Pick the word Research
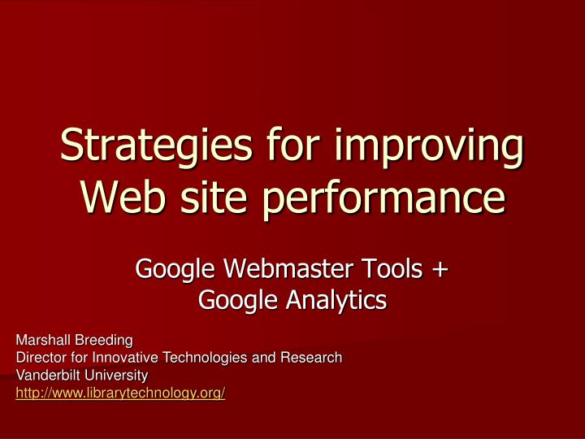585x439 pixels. point(312,358)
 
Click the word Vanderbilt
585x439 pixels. point(47,376)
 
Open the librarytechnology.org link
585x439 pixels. point(120,393)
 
